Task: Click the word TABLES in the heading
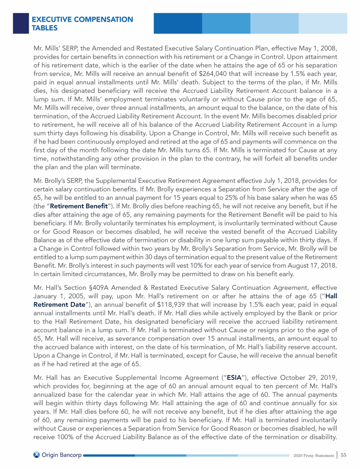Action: [x=44, y=28]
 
